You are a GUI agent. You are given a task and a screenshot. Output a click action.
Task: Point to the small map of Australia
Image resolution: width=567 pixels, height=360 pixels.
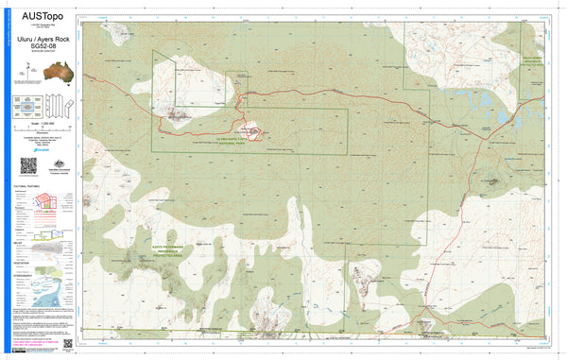(x=40, y=72)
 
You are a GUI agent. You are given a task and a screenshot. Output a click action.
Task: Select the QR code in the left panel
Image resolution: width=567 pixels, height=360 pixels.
(x=28, y=165)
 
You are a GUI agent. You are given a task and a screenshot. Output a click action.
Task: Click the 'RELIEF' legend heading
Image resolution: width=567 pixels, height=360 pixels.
(x=20, y=241)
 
